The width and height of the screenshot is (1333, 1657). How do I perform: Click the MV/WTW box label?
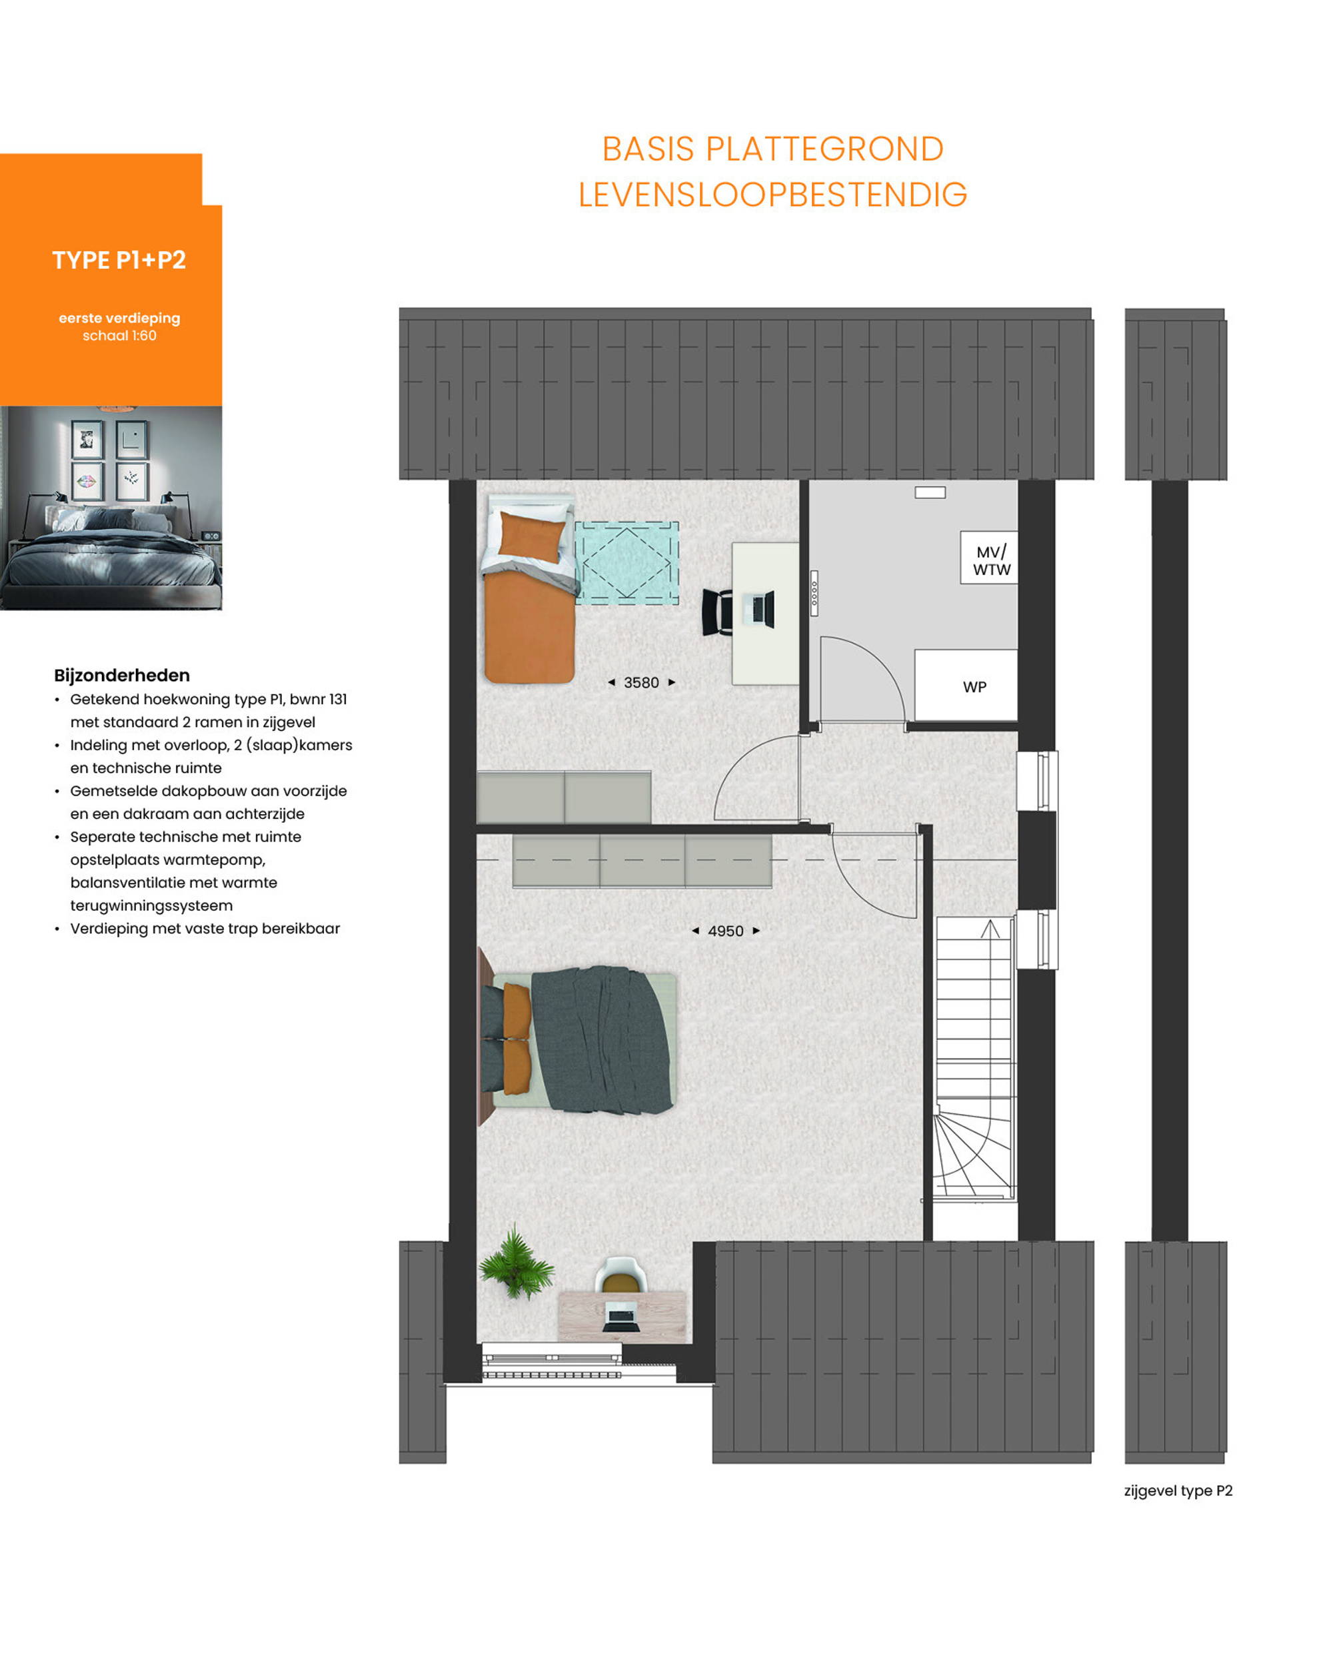click(x=991, y=561)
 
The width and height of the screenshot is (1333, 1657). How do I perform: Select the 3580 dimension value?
click(x=641, y=682)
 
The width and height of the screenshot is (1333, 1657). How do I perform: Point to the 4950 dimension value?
click(x=725, y=931)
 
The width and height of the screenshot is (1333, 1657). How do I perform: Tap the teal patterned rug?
click(x=627, y=562)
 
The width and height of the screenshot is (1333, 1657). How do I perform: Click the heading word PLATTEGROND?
click(x=824, y=149)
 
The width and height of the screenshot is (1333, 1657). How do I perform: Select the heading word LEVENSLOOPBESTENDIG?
click(x=772, y=195)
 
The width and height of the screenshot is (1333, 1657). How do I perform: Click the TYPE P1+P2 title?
click(x=119, y=260)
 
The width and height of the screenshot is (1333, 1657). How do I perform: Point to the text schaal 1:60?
click(x=119, y=336)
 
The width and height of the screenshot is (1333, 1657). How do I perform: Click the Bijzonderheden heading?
click(x=121, y=676)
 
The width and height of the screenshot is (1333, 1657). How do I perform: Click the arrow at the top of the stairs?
click(x=990, y=929)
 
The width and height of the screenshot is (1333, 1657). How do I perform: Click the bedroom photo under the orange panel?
click(x=111, y=508)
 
